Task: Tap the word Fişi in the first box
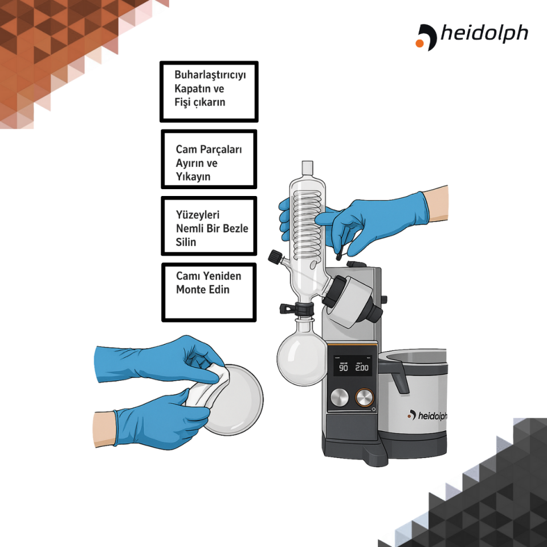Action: click(x=183, y=103)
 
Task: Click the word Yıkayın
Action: click(x=193, y=177)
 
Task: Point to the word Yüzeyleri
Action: click(x=198, y=215)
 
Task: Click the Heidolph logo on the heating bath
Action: click(x=427, y=415)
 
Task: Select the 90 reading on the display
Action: click(x=344, y=368)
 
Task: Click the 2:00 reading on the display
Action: click(x=362, y=368)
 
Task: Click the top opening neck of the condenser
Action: click(x=307, y=168)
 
